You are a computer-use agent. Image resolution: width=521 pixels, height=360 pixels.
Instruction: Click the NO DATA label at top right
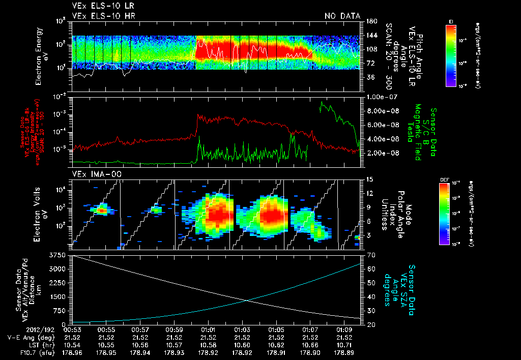point(342,16)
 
